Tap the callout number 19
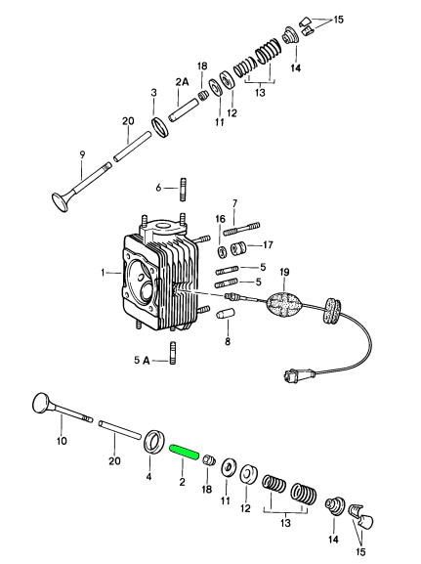tap(284, 273)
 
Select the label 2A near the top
tap(182, 82)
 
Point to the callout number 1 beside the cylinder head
tap(103, 273)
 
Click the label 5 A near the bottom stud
tap(142, 360)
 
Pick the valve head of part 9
tap(60, 202)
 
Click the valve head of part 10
tap(42, 404)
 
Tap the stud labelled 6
tap(183, 189)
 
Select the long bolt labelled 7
tap(241, 229)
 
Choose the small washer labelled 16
tap(222, 251)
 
